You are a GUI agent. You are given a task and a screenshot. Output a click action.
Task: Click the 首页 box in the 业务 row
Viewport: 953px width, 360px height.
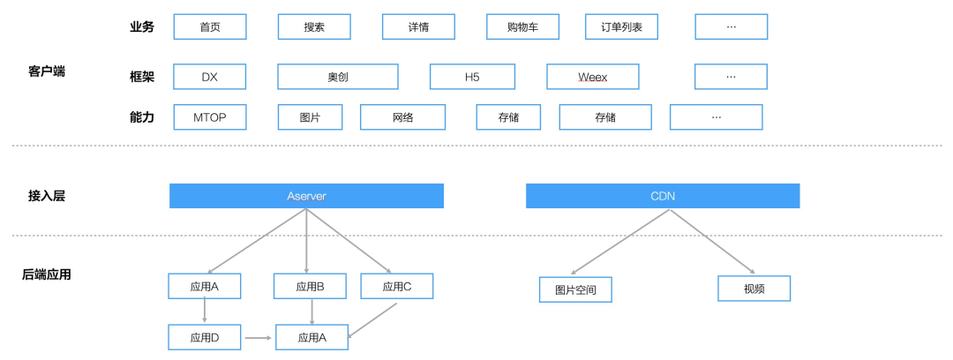(x=210, y=26)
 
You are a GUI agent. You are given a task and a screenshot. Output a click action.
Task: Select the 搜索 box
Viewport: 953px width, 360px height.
(x=314, y=26)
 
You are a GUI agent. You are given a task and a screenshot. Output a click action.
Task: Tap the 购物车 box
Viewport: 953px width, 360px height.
(x=522, y=26)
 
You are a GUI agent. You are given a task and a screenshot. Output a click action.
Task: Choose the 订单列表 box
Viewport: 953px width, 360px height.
(x=621, y=26)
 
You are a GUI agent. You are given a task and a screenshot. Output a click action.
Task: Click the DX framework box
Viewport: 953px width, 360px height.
(x=210, y=77)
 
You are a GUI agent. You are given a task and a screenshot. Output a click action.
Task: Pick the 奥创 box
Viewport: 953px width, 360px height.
(x=337, y=77)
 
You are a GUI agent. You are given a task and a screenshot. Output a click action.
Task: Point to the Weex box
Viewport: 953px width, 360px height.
(x=592, y=77)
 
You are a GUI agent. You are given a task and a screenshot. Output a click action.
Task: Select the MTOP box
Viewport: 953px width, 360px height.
(x=210, y=116)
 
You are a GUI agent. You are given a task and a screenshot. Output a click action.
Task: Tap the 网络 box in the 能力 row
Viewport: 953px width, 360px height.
(x=402, y=116)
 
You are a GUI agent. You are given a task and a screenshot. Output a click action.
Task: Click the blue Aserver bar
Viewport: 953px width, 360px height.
(x=306, y=196)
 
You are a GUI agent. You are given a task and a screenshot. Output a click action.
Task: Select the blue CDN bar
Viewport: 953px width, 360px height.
(x=663, y=196)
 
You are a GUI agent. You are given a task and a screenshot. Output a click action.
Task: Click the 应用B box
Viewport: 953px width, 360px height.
(x=310, y=286)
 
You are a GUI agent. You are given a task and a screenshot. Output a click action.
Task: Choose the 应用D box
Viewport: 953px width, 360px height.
(x=205, y=337)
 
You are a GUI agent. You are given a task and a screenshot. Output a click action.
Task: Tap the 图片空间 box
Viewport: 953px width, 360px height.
(x=575, y=289)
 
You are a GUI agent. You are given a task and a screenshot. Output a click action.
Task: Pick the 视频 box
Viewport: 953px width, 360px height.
(x=754, y=289)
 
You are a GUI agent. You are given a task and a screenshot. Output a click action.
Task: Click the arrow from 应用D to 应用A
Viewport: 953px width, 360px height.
(x=259, y=337)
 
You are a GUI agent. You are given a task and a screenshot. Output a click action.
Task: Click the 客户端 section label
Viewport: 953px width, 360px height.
(x=47, y=71)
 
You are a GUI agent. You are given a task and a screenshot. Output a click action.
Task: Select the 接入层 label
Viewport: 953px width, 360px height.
(x=47, y=196)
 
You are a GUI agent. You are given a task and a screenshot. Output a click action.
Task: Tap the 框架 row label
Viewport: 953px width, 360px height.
(x=141, y=77)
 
